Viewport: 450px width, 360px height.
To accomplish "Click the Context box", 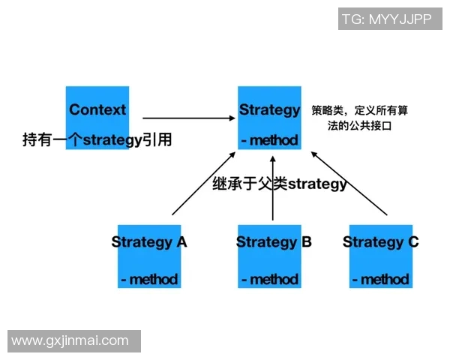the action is [97, 118].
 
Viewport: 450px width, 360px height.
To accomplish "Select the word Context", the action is [97, 109].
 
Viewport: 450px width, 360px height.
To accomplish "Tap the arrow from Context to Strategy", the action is [189, 118].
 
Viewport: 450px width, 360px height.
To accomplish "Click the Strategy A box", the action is [149, 256].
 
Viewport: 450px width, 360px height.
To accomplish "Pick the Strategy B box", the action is [269, 256].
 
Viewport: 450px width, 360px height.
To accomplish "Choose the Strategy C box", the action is [381, 256].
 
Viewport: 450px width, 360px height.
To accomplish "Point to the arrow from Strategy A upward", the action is [204, 184].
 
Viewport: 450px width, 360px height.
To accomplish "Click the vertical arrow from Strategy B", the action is [273, 188].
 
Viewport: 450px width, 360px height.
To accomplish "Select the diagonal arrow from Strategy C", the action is [349, 183].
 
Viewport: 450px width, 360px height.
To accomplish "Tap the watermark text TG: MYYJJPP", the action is [387, 19].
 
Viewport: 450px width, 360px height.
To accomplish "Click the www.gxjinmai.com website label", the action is [70, 341].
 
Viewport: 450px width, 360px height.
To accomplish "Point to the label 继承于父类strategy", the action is [280, 184].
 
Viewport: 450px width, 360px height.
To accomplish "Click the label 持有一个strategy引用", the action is [97, 139].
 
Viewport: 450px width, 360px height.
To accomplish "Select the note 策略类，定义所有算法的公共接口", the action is [359, 118].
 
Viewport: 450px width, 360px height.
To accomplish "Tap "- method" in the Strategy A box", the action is [149, 279].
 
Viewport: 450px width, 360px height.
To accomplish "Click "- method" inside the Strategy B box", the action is [270, 279].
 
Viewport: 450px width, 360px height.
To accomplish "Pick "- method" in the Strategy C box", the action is [381, 279].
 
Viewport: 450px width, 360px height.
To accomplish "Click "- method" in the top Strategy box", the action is [270, 140].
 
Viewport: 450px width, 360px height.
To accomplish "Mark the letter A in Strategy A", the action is [181, 241].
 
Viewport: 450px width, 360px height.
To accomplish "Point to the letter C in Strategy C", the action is [413, 241].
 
